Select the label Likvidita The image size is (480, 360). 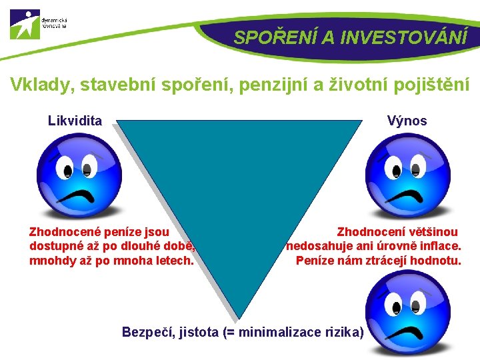(75, 121)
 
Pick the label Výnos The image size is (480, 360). (407, 121)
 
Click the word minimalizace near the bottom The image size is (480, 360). (281, 331)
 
